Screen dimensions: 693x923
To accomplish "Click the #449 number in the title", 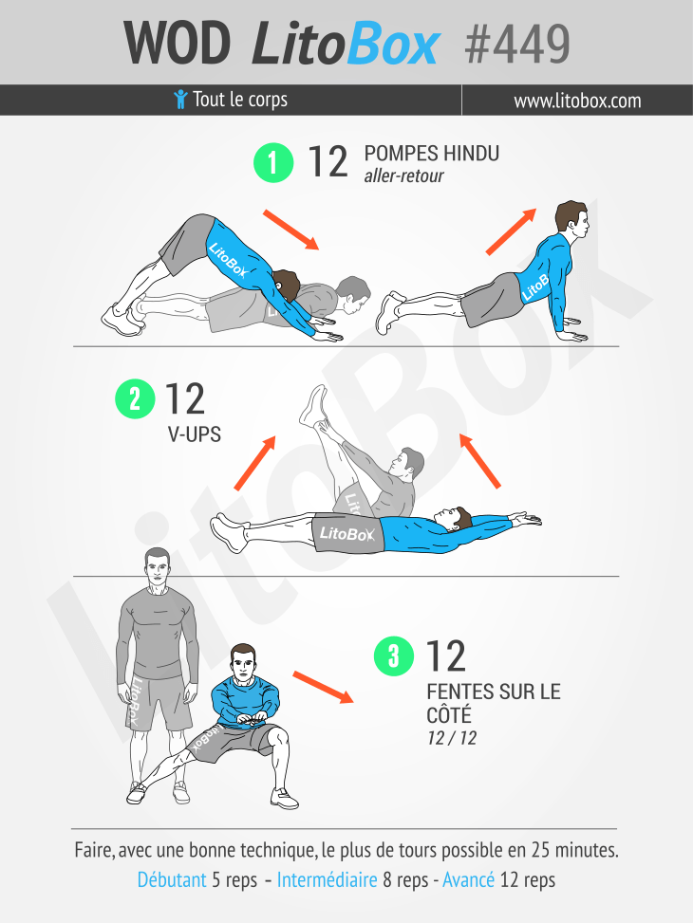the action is point(517,45).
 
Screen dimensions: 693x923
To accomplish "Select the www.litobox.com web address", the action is point(577,101).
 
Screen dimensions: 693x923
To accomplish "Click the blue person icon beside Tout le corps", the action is point(181,100).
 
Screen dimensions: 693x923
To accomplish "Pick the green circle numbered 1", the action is point(273,162).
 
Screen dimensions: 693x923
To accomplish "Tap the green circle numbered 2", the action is point(135,399).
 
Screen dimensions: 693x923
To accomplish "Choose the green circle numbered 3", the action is point(394,655).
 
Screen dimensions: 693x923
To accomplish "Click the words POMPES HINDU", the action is point(432,154).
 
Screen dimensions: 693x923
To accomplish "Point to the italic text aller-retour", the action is point(404,175).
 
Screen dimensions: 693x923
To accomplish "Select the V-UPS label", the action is point(195,434).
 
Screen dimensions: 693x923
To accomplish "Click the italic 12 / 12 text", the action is point(452,738).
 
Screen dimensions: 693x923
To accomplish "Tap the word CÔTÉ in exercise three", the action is point(449,714).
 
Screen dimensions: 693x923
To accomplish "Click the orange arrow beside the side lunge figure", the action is point(323,687).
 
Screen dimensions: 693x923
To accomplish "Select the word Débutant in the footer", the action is point(172,880).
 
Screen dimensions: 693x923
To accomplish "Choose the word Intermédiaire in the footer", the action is point(328,880).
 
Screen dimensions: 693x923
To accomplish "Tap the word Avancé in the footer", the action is point(468,880).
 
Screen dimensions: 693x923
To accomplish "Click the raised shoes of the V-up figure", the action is point(313,405).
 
